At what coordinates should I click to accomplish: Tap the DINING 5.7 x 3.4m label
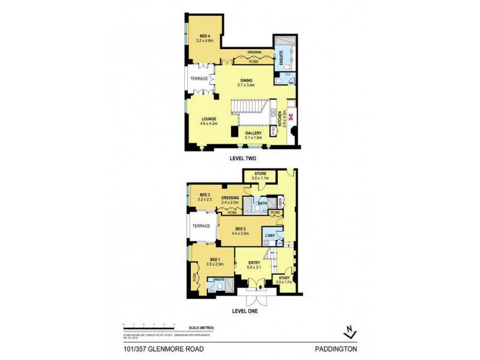click(246, 83)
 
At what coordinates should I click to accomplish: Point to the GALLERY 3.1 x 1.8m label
click(253, 135)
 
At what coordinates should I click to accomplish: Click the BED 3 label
click(205, 197)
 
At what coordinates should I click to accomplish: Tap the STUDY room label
click(284, 280)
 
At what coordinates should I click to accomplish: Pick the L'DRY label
click(270, 236)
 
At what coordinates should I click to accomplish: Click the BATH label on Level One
click(262, 203)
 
